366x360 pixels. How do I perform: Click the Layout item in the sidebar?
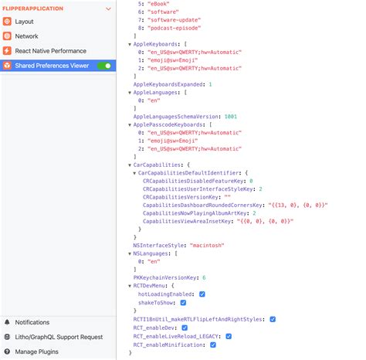tap(29, 22)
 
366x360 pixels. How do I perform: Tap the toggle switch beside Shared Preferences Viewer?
tap(103, 66)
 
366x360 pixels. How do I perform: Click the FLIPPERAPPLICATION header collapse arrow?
tap(109, 8)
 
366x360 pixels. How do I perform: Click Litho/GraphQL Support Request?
tap(59, 337)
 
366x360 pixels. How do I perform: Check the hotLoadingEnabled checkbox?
tap(202, 294)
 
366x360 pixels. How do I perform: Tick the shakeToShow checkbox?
tap(184, 303)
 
